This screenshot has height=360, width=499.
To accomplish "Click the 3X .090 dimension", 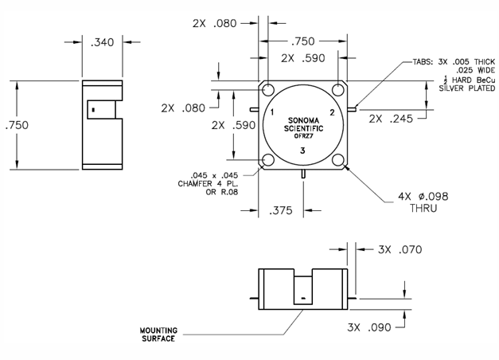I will click(369, 327).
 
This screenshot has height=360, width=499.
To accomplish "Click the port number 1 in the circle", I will click(272, 113).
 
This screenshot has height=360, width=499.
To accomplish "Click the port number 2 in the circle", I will click(331, 113).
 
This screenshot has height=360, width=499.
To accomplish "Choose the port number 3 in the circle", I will click(302, 151).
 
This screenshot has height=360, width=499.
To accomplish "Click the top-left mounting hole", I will click(269, 90).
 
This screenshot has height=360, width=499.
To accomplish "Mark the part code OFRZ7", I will click(302, 137).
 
